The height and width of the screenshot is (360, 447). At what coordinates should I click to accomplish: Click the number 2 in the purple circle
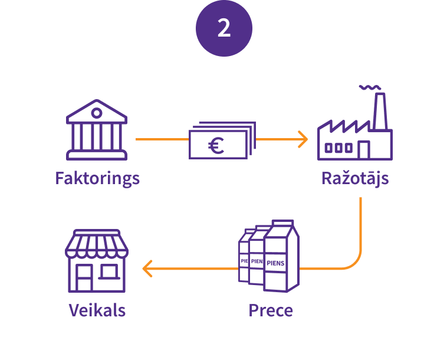click(224, 28)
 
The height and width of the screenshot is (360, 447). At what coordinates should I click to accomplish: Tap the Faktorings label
click(97, 178)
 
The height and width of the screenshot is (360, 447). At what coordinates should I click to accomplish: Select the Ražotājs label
click(355, 178)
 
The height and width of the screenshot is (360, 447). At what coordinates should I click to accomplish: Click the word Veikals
click(97, 310)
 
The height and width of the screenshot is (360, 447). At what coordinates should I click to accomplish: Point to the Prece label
click(271, 310)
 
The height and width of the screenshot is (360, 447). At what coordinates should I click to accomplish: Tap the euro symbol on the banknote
click(216, 145)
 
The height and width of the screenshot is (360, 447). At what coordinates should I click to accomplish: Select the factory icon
click(354, 133)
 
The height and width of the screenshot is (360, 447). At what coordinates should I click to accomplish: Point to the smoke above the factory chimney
click(369, 88)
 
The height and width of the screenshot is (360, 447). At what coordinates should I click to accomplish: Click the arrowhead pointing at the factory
click(303, 140)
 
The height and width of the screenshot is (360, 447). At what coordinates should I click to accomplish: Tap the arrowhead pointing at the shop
click(147, 269)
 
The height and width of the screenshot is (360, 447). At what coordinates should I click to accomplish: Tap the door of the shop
click(84, 278)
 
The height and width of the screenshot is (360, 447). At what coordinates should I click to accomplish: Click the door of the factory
click(364, 150)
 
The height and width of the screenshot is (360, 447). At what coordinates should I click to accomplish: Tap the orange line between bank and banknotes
click(162, 140)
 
